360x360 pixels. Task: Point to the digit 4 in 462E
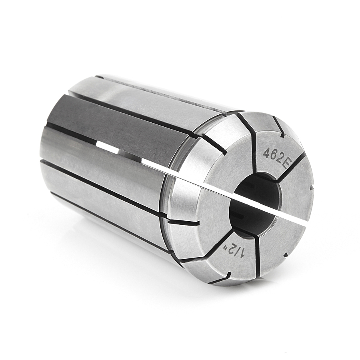click(266, 151)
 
